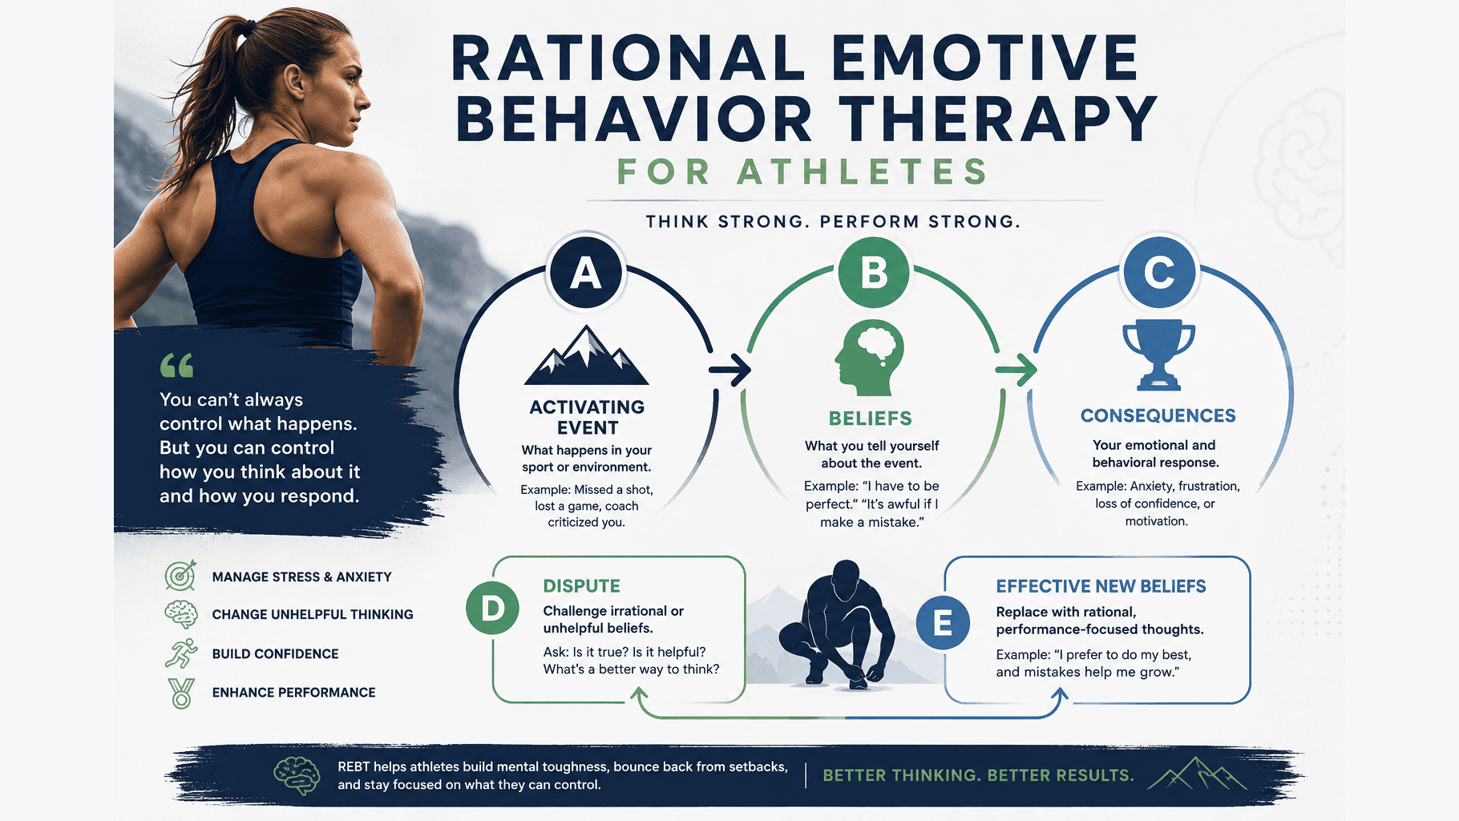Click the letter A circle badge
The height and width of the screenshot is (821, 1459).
point(586,273)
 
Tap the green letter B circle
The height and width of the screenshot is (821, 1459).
point(873,273)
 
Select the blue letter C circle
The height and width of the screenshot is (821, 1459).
point(1159,273)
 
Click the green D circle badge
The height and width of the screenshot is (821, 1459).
point(492,609)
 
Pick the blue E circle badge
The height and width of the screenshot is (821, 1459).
point(943,623)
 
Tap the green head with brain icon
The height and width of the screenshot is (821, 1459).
point(869,358)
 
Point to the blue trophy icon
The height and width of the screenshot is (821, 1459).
point(1159,355)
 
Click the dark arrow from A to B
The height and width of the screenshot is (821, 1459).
point(729,370)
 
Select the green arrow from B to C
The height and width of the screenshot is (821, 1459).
point(1016,370)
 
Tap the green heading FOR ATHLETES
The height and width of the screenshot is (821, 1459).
point(802,172)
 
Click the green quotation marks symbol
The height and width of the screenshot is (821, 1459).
point(177,366)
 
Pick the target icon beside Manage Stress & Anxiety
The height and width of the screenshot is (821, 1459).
point(180,576)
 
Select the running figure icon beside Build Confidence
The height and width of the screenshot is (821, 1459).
point(181,653)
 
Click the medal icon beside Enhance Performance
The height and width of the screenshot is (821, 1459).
point(182,693)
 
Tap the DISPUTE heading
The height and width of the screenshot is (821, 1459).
point(582,586)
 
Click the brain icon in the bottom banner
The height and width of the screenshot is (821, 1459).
point(297,775)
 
